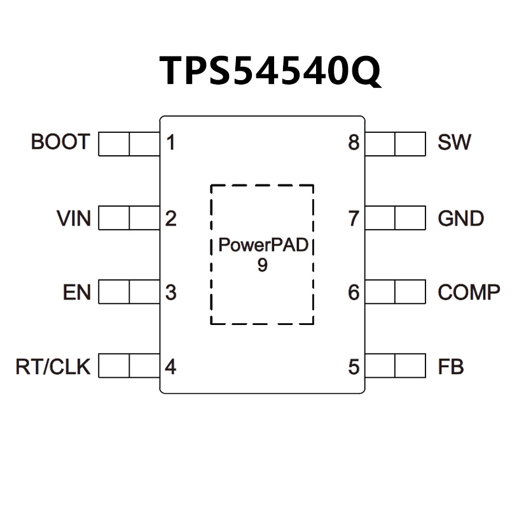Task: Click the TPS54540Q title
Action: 270,70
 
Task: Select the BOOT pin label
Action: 60,142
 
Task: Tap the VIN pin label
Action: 74,219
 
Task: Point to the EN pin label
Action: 77,293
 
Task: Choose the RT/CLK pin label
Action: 53,367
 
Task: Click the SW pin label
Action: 454,142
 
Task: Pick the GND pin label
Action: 460,219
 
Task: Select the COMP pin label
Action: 469,293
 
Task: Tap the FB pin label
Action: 450,367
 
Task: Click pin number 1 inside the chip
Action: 170,142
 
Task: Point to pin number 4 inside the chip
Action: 170,367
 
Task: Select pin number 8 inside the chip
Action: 354,142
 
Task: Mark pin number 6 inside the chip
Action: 354,293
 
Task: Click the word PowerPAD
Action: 263,246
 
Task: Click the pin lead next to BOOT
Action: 129,144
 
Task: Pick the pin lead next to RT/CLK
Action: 129,366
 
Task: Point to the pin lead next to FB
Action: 395,366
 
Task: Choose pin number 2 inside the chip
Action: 170,219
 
